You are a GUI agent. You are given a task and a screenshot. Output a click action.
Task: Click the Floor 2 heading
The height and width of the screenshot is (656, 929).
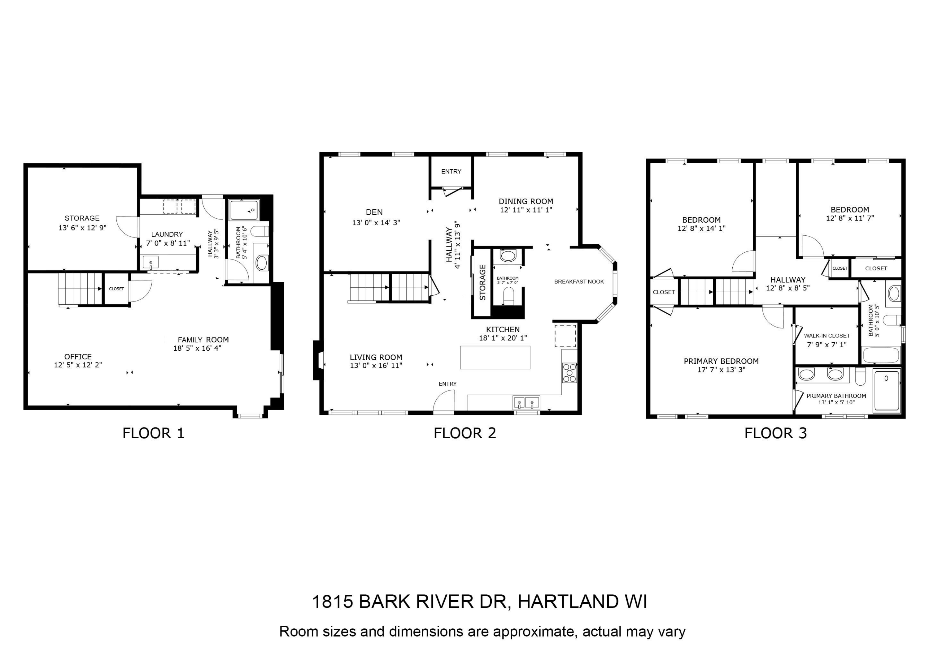point(464,433)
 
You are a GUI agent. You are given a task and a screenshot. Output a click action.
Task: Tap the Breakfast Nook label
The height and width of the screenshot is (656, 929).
point(578,282)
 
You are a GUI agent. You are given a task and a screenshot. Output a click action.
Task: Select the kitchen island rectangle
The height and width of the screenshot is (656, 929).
point(495,357)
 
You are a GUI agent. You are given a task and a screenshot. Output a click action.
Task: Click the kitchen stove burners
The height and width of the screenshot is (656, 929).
point(569,373)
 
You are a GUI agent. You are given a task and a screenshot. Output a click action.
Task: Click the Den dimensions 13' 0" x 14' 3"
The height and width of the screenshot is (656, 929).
point(376,223)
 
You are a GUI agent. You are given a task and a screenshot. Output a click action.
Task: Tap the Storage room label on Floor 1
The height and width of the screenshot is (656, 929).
point(82,218)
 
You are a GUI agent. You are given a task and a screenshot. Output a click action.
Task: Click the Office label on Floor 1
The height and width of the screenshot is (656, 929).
point(78,357)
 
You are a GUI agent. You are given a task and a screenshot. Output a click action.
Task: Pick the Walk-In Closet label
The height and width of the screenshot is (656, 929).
point(827,336)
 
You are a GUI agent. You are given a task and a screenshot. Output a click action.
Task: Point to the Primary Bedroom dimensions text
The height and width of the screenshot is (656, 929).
point(721,369)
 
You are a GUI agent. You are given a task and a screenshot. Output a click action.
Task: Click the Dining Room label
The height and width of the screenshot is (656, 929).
point(526,201)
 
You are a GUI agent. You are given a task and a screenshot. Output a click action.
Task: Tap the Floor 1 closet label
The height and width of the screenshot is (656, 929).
point(116,289)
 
